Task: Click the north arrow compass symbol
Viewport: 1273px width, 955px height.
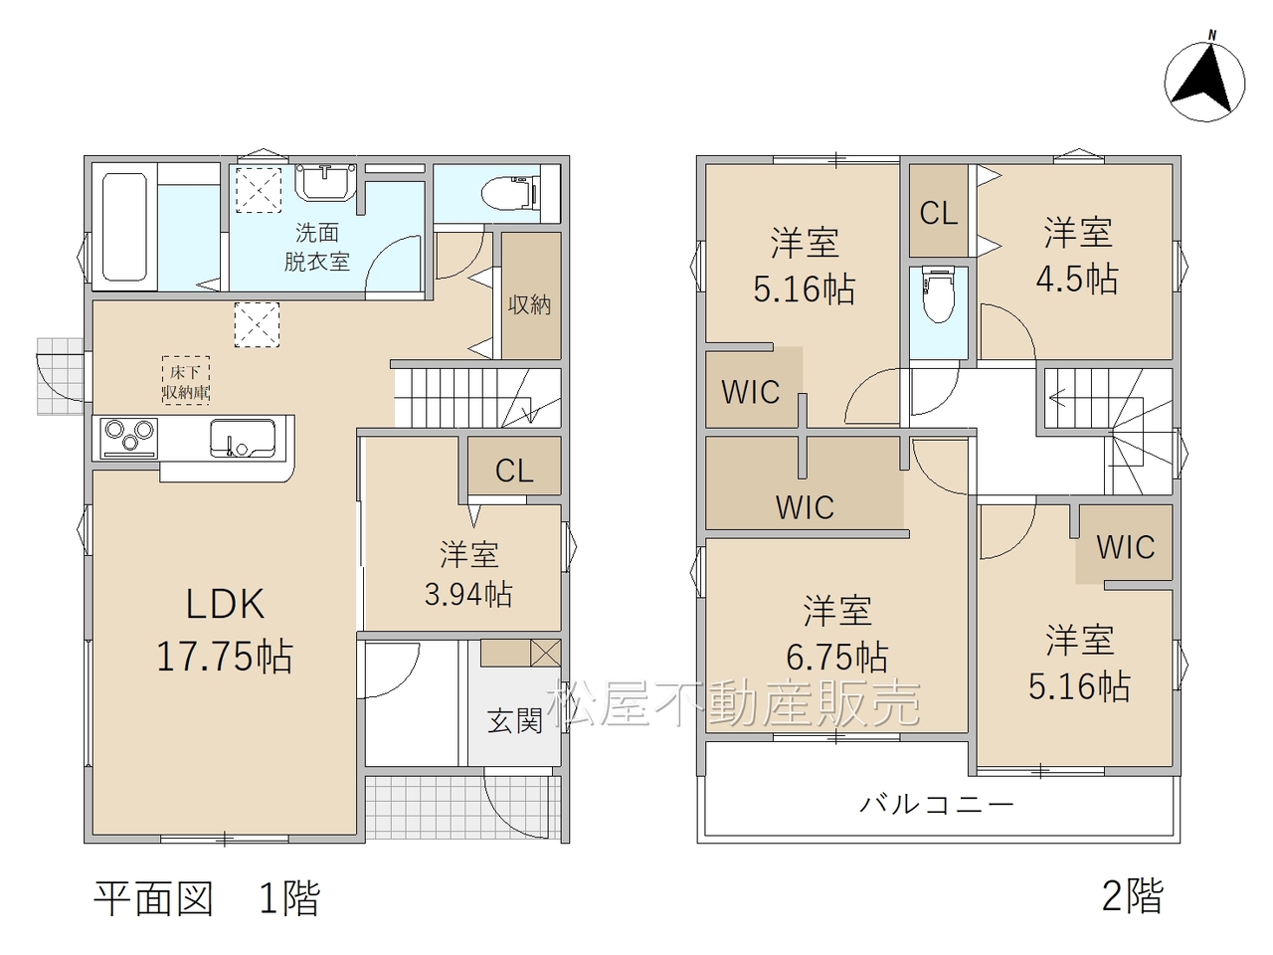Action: click(x=1205, y=82)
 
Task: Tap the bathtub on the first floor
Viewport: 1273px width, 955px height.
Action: click(x=124, y=227)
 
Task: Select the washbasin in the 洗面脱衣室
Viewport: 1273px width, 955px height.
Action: click(x=326, y=182)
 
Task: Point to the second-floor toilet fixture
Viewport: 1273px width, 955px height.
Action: click(x=938, y=294)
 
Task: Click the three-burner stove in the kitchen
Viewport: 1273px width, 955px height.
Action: click(x=128, y=438)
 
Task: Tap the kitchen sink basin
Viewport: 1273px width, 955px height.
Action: click(x=243, y=439)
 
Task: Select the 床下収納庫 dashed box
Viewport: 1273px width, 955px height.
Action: click(x=186, y=380)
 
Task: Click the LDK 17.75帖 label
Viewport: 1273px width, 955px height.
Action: click(x=225, y=630)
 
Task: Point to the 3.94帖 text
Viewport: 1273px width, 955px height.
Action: click(x=468, y=594)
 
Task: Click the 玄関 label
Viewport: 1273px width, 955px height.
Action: click(x=514, y=721)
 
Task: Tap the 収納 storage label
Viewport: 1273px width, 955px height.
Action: click(x=529, y=304)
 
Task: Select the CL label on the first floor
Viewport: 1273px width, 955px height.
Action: click(x=514, y=471)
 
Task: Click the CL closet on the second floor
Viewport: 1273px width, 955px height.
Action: click(x=939, y=213)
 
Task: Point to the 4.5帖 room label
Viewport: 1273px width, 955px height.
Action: click(x=1077, y=279)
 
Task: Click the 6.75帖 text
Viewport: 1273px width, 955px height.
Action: click(x=836, y=657)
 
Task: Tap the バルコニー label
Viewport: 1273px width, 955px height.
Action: click(x=937, y=805)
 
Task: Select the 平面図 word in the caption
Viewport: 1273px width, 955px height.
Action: click(x=154, y=899)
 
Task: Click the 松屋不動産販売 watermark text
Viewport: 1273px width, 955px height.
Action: click(x=733, y=703)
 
